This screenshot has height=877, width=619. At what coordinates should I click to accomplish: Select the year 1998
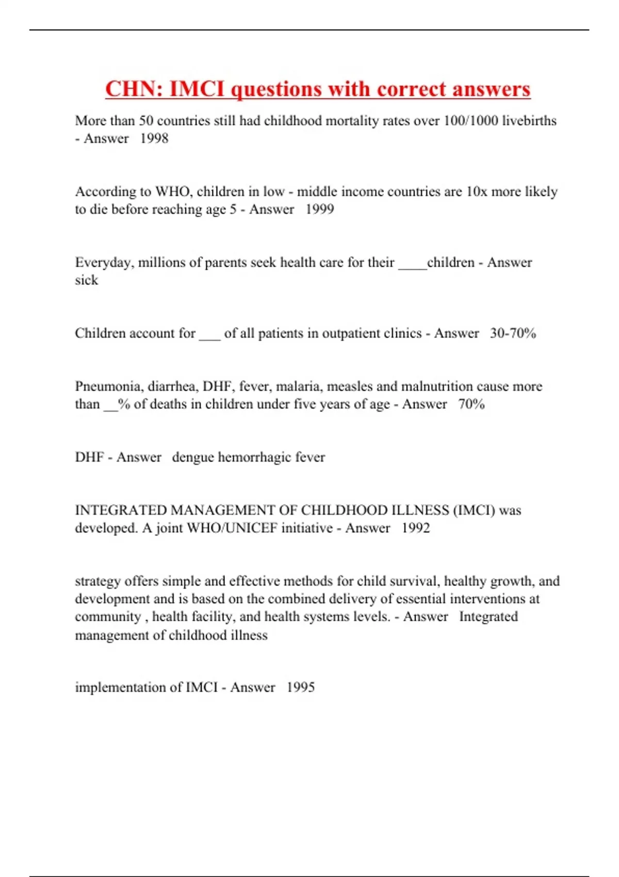(154, 138)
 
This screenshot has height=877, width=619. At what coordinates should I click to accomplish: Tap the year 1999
(320, 209)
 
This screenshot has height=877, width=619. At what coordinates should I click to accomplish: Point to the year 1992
(416, 528)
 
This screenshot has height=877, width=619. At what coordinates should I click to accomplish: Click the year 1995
(301, 687)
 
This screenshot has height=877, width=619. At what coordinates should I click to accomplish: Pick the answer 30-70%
(513, 333)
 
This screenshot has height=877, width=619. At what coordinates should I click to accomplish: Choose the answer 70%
(471, 404)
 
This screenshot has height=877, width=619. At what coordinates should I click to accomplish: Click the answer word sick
(86, 280)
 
